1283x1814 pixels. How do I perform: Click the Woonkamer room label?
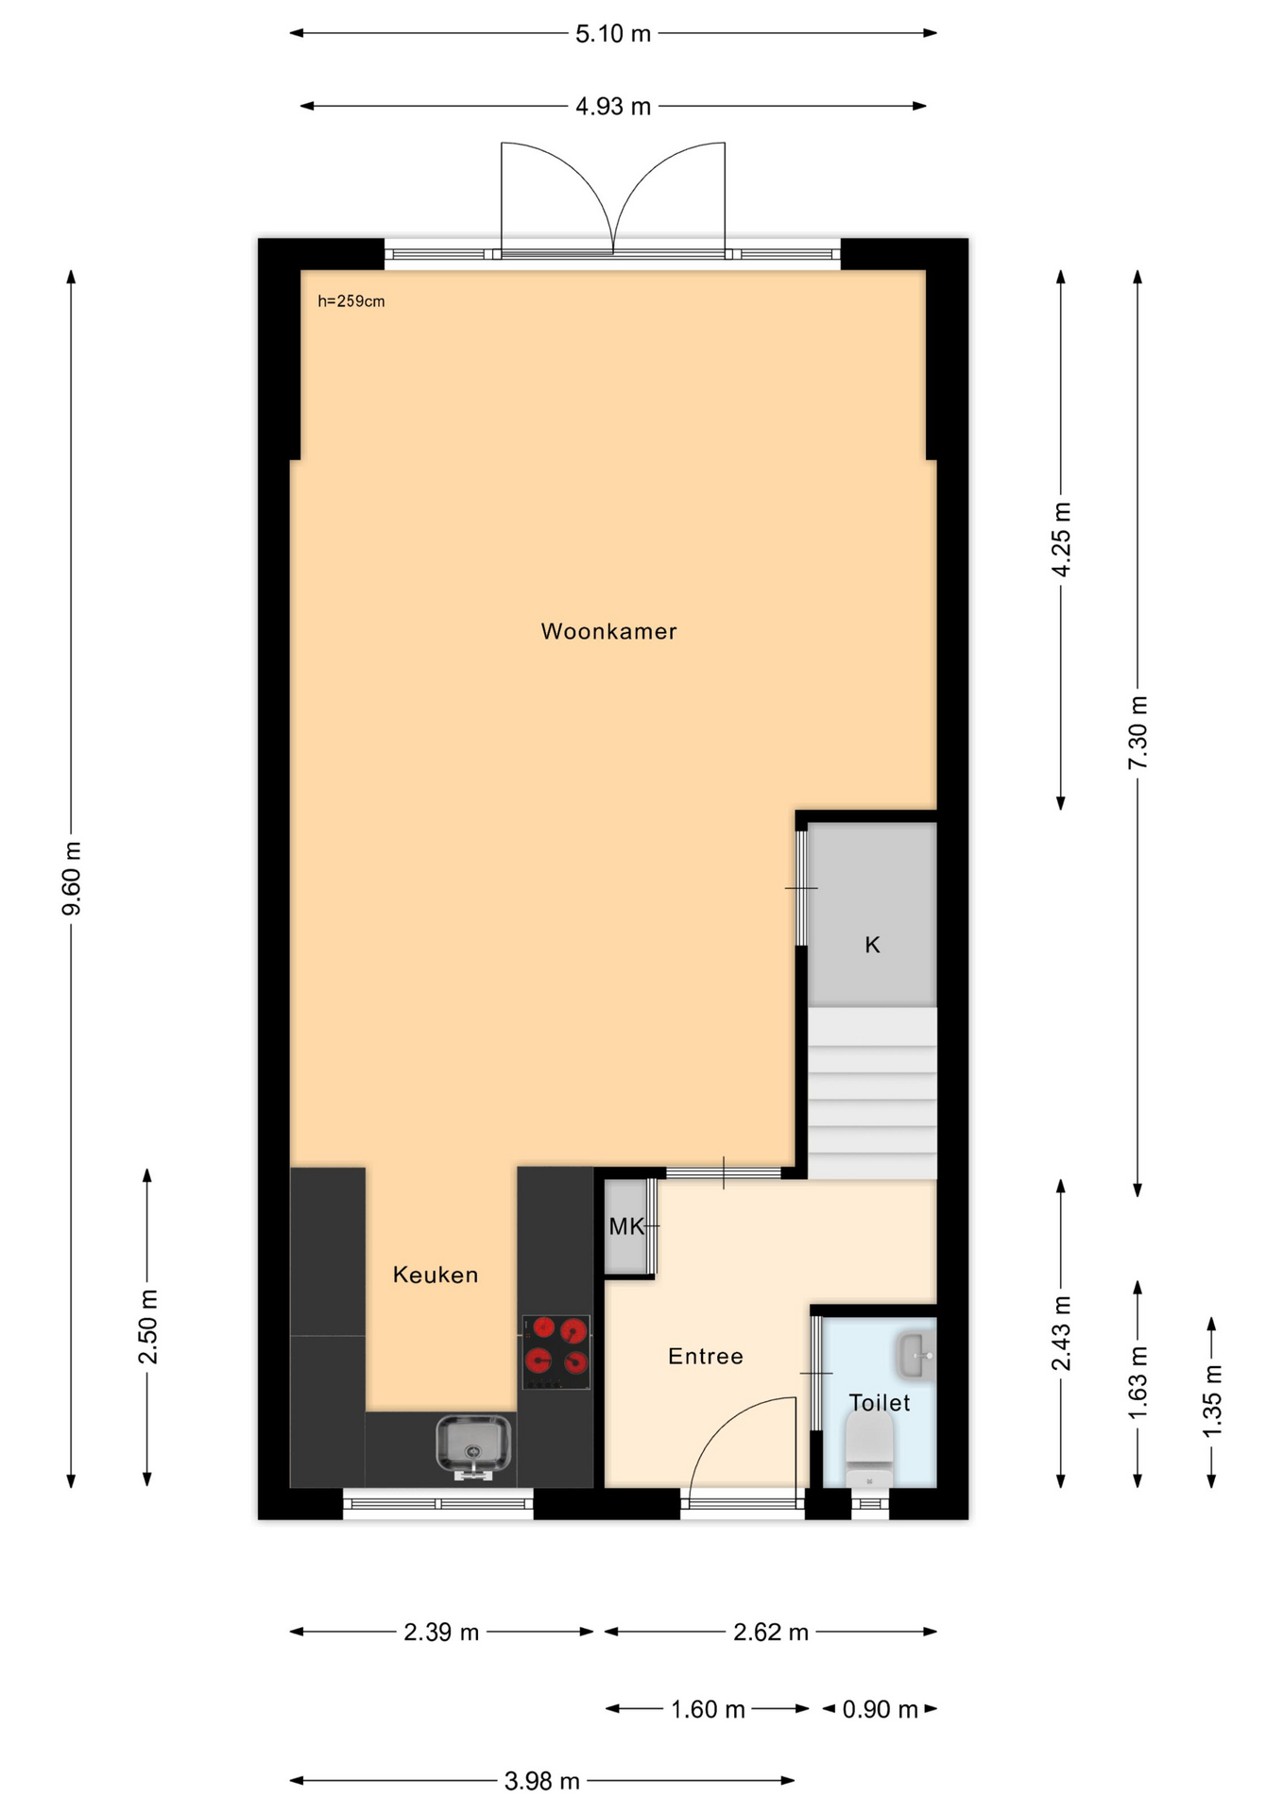(x=608, y=631)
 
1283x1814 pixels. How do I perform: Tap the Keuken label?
(x=436, y=1275)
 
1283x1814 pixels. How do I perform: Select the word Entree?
(x=706, y=1356)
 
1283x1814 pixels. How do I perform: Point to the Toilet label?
(x=880, y=1402)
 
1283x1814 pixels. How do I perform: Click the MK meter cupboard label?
(x=626, y=1226)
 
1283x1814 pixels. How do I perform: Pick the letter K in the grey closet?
(x=873, y=945)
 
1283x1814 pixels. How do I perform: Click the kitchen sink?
(x=473, y=1446)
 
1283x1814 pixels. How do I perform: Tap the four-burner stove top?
(x=556, y=1352)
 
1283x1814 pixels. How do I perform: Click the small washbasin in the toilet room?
(x=915, y=1356)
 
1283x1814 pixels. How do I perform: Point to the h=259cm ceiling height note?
(x=351, y=301)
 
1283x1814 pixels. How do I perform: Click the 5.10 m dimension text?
(x=613, y=34)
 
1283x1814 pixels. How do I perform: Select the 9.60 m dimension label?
(x=72, y=878)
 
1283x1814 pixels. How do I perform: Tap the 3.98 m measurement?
(x=541, y=1781)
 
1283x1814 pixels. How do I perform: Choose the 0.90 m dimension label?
(x=881, y=1709)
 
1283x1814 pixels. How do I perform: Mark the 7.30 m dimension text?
(x=1138, y=732)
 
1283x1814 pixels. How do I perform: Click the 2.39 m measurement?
(x=441, y=1632)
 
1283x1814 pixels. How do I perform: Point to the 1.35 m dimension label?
(x=1212, y=1401)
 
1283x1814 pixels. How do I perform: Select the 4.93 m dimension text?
(x=613, y=107)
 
